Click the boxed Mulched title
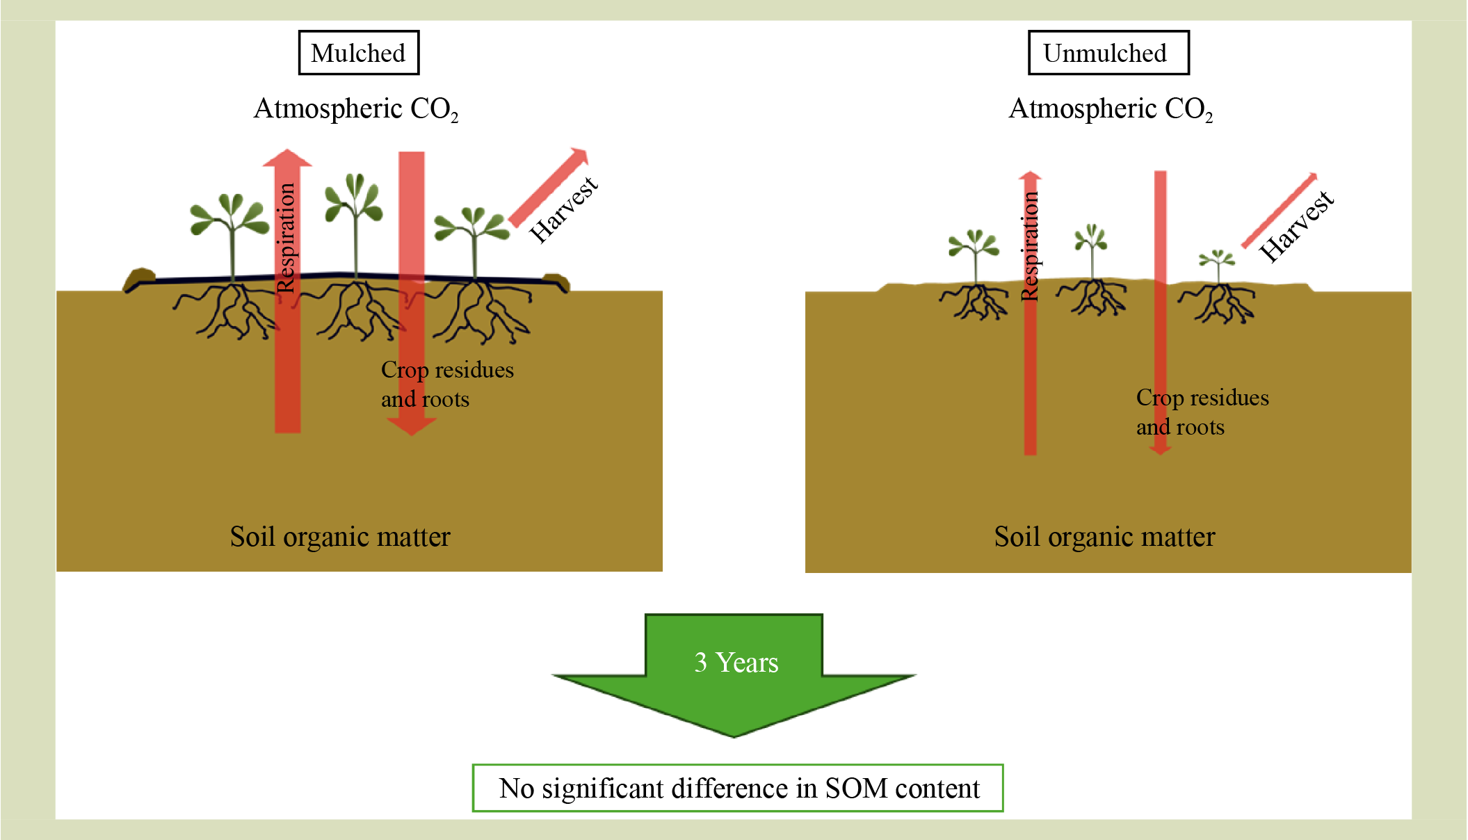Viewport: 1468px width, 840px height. [x=358, y=53]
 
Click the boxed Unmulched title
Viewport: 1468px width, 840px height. [x=1108, y=53]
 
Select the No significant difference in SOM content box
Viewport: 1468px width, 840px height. [x=738, y=788]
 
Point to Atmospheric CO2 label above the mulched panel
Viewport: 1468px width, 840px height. [x=355, y=109]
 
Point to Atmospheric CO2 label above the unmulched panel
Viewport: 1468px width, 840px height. [x=1111, y=109]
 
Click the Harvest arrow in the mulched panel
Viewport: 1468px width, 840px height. [x=549, y=186]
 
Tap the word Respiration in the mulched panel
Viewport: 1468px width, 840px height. [x=287, y=238]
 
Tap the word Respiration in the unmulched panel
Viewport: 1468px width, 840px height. [x=1030, y=246]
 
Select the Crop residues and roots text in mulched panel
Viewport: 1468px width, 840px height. [x=447, y=384]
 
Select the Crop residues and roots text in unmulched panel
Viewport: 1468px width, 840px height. [x=1202, y=412]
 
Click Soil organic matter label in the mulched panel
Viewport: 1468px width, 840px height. [x=340, y=537]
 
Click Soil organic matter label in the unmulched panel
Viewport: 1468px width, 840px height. [x=1104, y=537]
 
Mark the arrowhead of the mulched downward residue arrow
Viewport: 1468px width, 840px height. [x=412, y=425]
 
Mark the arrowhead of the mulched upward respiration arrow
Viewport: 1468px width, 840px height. [x=287, y=158]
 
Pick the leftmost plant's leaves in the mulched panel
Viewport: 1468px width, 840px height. [x=229, y=216]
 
